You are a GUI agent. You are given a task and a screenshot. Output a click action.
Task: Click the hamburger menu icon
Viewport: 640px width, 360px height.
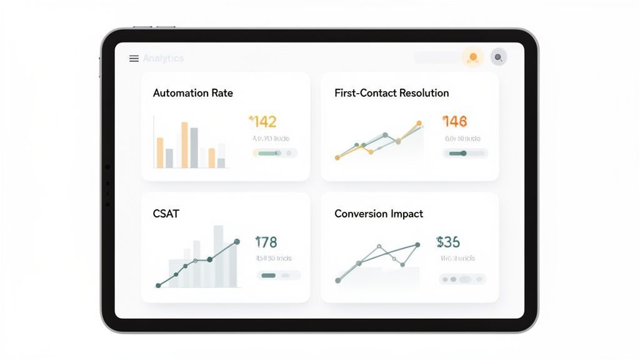[134, 58]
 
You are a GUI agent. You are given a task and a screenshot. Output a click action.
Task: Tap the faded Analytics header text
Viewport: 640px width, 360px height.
[163, 58]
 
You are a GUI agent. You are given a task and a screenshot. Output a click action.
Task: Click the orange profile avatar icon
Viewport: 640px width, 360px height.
[473, 57]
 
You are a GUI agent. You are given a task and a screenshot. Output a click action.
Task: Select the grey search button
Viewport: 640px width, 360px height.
[498, 57]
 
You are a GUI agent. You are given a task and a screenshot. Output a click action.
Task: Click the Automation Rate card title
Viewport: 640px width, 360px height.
[192, 93]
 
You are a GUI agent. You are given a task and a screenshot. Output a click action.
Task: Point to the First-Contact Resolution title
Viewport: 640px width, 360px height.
[391, 93]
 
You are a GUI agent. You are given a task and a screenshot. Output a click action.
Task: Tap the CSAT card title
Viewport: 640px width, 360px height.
[166, 214]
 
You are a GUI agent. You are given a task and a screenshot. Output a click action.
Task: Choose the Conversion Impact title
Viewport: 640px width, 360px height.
[378, 214]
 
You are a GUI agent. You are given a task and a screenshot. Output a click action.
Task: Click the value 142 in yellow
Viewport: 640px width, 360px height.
[263, 121]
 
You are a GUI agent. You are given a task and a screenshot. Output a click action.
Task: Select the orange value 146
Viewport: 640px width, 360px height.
[455, 121]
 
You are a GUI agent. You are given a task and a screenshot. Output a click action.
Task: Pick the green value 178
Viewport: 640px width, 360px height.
[266, 242]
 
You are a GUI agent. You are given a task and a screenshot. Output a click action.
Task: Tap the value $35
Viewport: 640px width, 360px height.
[448, 242]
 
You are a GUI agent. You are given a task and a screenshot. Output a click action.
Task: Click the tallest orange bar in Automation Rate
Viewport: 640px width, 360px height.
[184, 145]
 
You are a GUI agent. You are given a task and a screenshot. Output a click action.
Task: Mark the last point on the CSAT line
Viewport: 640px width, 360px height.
[236, 241]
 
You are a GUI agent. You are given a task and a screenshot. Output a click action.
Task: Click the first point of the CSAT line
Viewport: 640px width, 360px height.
[158, 285]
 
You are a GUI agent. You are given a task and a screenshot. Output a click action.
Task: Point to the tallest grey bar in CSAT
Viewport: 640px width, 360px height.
[218, 256]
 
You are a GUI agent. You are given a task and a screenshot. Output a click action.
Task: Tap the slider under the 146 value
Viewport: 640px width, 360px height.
[465, 153]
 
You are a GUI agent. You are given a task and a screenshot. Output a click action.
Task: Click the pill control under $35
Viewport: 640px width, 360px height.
[462, 279]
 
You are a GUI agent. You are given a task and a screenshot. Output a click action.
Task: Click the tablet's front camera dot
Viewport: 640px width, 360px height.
[107, 167]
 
